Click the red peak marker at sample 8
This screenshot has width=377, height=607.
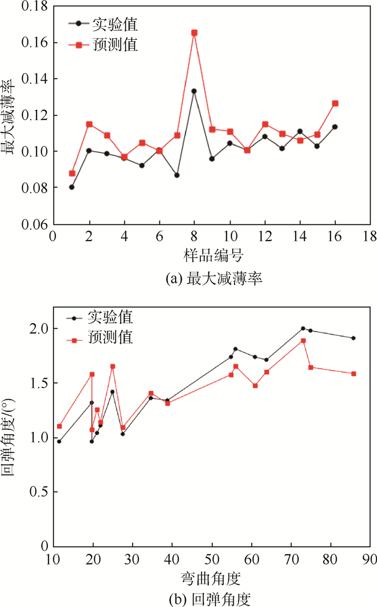[x=194, y=33]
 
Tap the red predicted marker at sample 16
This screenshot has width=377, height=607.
[x=335, y=103]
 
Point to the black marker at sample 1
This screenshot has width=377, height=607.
[x=72, y=187]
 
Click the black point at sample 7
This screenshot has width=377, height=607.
[x=177, y=175]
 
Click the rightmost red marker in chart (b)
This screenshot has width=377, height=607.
[x=354, y=373]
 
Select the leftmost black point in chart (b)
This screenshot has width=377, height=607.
[x=59, y=442]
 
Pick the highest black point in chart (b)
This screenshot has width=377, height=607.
[x=303, y=328]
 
